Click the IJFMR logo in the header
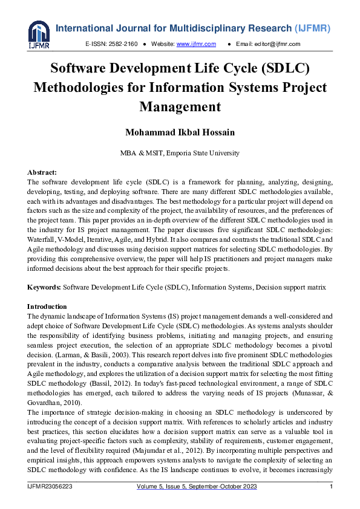(x=38, y=34)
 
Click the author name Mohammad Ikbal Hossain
(x=180, y=132)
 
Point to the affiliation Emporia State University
(x=203, y=153)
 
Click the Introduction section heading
(x=47, y=306)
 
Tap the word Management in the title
(x=180, y=107)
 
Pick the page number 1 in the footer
(x=330, y=487)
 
